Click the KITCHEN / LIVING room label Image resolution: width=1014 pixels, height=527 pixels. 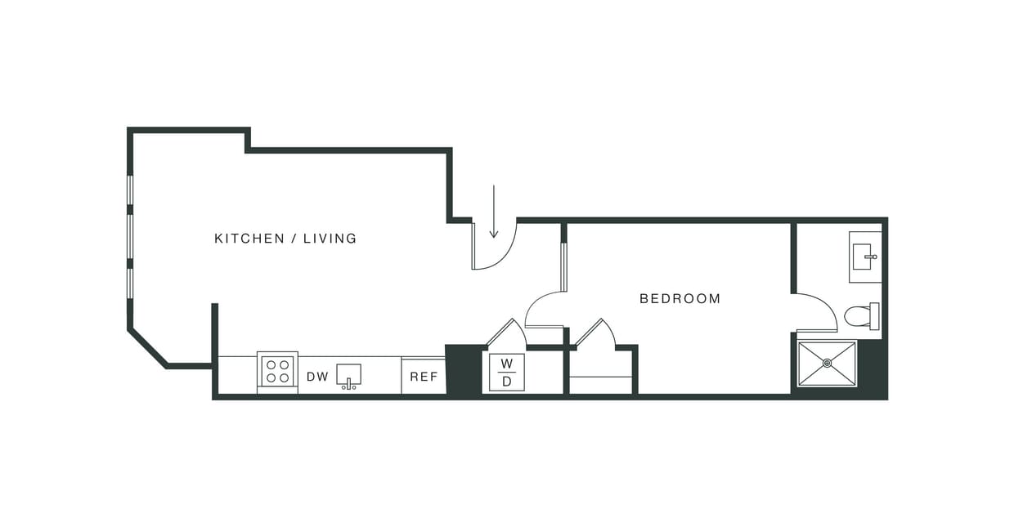tap(285, 239)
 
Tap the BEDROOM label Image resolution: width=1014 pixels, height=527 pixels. tap(680, 299)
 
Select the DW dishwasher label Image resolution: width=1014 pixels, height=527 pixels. tap(317, 377)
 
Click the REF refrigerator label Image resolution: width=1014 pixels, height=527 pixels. tap(424, 377)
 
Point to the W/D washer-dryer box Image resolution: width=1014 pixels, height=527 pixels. tap(506, 372)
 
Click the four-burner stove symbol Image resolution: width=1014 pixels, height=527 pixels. tap(277, 372)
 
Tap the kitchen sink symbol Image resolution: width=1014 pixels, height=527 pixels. tap(349, 376)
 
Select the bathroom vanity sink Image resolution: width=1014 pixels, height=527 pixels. tap(864, 257)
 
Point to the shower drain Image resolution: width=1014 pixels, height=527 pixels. tap(827, 363)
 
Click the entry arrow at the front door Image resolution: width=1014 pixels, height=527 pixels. tap(494, 212)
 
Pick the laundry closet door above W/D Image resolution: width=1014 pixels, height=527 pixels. tap(507, 333)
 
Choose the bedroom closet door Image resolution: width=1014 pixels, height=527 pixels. tap(594, 333)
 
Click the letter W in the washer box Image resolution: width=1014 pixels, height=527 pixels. tap(506, 363)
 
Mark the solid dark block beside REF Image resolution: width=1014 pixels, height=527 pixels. tap(463, 371)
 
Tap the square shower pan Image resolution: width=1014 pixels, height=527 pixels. tap(827, 364)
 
